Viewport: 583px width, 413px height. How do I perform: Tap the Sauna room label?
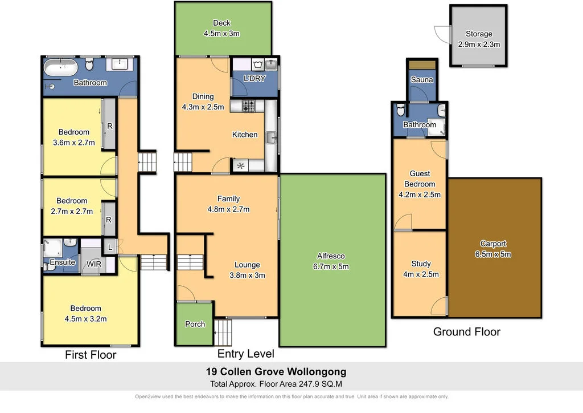tap(422, 80)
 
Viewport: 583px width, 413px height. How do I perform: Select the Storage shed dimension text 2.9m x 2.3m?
tap(478, 44)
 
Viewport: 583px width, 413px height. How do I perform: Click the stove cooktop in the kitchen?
tap(249, 106)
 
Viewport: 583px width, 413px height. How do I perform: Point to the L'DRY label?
tap(254, 79)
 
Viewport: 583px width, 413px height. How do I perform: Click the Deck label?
tap(221, 23)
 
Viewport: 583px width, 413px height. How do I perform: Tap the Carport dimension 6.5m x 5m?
tap(493, 254)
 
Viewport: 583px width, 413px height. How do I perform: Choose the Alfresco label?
tap(331, 256)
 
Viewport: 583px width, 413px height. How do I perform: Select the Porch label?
tap(195, 324)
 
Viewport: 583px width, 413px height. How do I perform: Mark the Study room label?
tap(421, 264)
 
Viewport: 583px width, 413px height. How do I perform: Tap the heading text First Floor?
tap(91, 355)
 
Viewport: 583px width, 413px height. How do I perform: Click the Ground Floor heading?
tap(466, 331)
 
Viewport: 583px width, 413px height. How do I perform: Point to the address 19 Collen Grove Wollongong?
tap(276, 372)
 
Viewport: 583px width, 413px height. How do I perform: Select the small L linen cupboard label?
tap(109, 248)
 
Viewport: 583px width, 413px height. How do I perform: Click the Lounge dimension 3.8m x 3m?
tap(247, 275)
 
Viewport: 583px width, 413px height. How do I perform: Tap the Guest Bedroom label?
tap(420, 179)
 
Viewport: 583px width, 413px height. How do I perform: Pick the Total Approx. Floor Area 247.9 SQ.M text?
tap(276, 384)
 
